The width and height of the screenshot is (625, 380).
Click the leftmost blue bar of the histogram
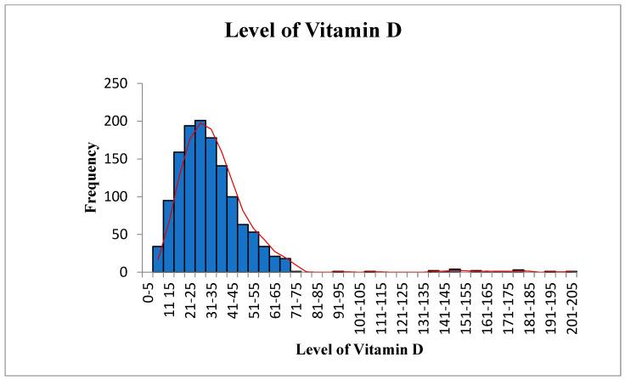pyautogui.click(x=157, y=259)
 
